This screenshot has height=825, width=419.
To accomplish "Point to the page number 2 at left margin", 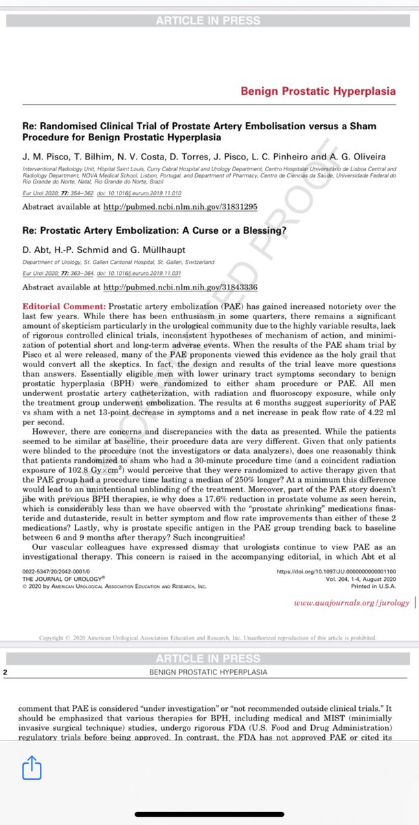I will pos(5,672).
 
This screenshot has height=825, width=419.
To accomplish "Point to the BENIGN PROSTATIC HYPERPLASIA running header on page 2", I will pos(209,672).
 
